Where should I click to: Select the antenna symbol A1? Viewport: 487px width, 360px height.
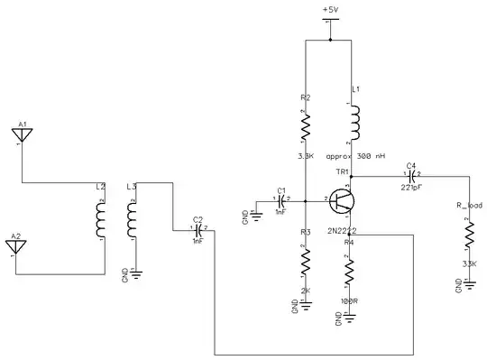click(x=23, y=136)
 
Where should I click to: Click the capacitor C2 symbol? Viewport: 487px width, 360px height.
click(x=198, y=230)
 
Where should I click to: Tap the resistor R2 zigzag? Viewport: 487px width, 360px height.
click(x=306, y=125)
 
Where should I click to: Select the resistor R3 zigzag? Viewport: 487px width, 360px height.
click(x=306, y=263)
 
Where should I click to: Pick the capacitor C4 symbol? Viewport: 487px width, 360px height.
click(x=411, y=177)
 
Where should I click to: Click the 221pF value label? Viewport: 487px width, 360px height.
click(x=412, y=189)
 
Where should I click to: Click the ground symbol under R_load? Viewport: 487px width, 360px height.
click(x=468, y=284)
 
